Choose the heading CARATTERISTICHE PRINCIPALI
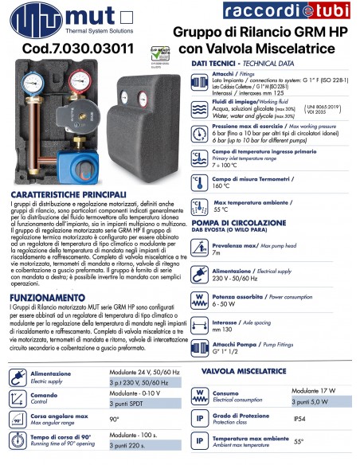pos(68,194)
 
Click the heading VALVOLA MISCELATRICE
pos(244,371)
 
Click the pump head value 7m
pos(217,253)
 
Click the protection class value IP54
pos(299,418)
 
